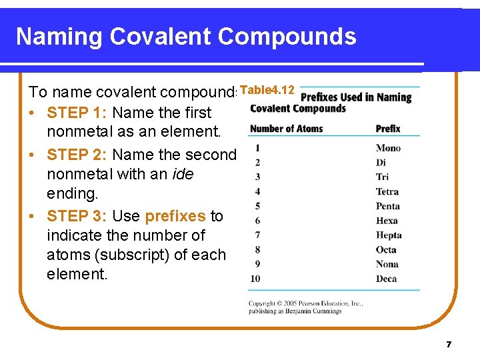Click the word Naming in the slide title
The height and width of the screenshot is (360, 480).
(x=59, y=37)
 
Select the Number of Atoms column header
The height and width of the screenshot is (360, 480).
(x=286, y=129)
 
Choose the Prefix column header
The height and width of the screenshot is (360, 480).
(x=388, y=129)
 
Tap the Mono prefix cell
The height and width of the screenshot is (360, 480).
(x=388, y=148)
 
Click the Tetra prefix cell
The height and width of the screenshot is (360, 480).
(x=387, y=192)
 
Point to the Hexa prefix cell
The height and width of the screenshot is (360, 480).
(x=387, y=221)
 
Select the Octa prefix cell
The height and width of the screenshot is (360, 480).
(x=386, y=250)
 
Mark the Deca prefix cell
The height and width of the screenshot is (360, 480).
(x=386, y=279)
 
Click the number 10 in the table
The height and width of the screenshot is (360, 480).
(x=255, y=279)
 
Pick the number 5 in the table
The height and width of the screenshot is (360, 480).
(x=257, y=206)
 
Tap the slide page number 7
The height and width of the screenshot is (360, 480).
(x=449, y=345)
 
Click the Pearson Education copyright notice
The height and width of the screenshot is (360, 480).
(x=305, y=307)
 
